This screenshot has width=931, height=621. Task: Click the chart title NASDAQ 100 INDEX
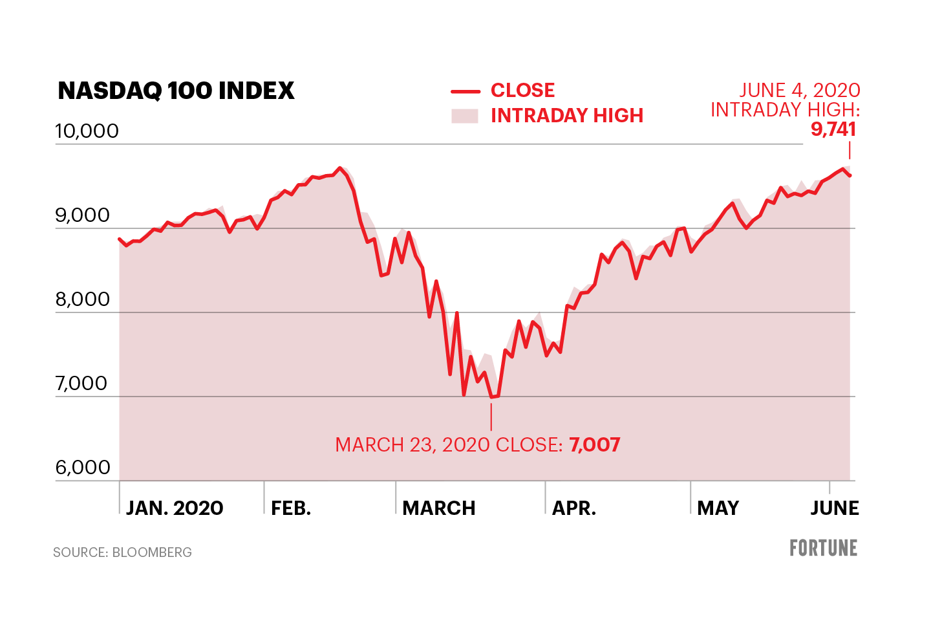[176, 91]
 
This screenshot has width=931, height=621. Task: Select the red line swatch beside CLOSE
[465, 91]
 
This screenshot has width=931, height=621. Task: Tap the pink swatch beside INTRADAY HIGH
[465, 116]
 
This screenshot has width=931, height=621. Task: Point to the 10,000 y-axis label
[87, 131]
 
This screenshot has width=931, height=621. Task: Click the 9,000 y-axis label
[82, 215]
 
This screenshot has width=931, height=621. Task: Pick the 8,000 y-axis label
[82, 300]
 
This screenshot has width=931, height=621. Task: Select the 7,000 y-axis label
[81, 384]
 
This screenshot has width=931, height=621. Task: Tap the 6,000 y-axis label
[82, 468]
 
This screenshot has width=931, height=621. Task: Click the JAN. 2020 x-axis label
[175, 508]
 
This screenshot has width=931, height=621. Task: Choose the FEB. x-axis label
[291, 508]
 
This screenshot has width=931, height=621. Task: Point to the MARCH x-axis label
[439, 508]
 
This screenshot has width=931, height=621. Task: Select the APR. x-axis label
[574, 508]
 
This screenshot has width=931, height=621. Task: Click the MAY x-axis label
[718, 508]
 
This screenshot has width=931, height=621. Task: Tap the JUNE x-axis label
[835, 508]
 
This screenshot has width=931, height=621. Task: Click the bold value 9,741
[833, 129]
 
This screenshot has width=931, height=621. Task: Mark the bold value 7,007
[595, 445]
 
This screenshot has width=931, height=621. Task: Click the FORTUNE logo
[823, 549]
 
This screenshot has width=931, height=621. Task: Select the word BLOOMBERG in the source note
[152, 552]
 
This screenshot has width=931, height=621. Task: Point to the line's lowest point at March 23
[491, 397]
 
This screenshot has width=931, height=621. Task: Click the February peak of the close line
[340, 168]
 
